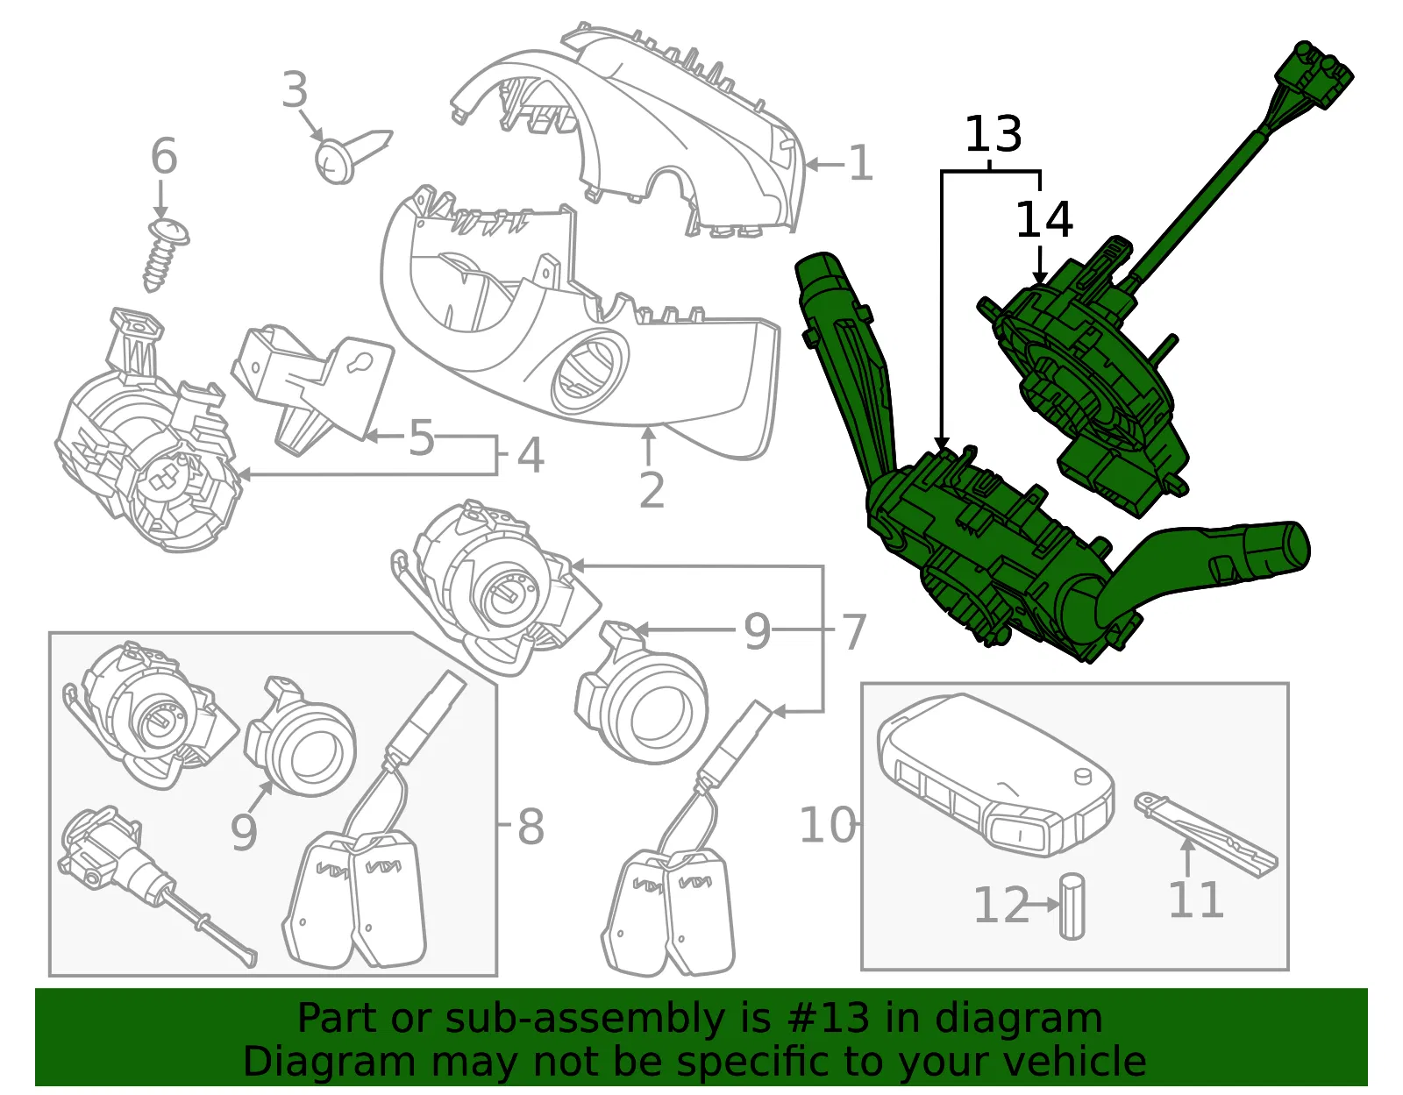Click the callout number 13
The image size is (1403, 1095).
pos(993,134)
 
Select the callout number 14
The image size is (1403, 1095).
pos(1044,219)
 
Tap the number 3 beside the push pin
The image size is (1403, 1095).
pos(295,89)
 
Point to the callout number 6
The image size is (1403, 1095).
pos(164,156)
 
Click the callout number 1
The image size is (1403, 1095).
pos(861,163)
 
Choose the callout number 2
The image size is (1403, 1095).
pos(652,491)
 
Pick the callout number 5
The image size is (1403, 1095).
pos(422,438)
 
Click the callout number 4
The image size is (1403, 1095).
pos(531,456)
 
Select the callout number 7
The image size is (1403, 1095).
pos(853,632)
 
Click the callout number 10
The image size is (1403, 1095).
pos(829,825)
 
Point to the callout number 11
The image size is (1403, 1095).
pos(1196,899)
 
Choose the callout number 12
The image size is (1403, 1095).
pos(1001,905)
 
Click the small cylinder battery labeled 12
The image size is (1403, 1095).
pos(1072,906)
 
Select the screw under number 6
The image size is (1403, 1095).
pos(164,255)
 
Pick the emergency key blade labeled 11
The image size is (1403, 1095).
pos(1206,835)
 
